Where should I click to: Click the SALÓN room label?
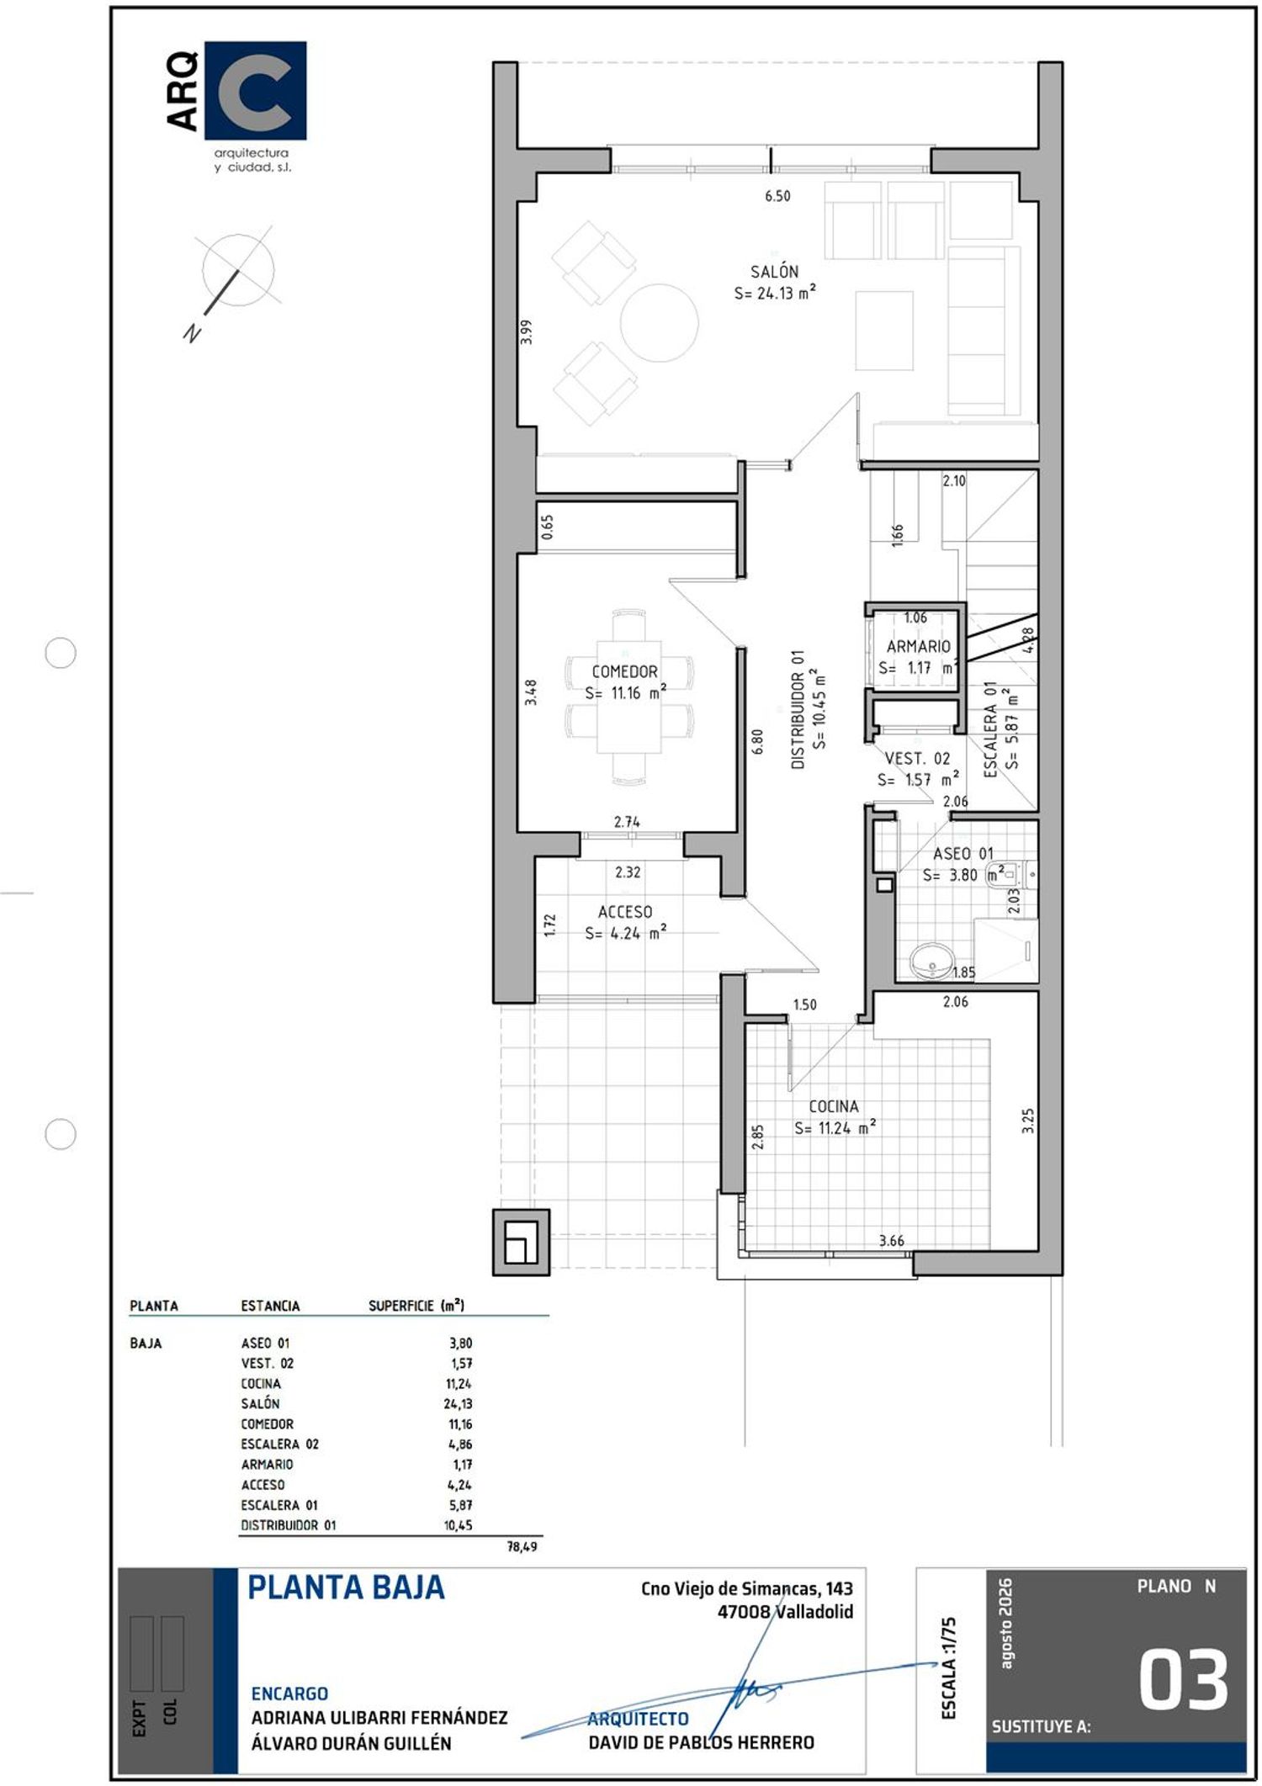774,272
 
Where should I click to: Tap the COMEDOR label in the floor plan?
624,671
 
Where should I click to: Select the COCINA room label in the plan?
834,1106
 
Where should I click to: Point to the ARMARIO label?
918,646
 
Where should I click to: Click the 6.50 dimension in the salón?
777,196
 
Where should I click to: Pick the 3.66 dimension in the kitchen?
891,1241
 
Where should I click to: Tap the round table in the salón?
660,323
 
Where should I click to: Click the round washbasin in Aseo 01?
932,961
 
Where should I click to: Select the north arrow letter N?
193,332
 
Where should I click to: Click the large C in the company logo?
256,91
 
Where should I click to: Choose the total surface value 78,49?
522,1546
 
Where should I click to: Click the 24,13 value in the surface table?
459,1403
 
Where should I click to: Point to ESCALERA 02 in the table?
279,1444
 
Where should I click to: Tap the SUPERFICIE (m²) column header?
416,1306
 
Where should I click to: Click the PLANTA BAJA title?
346,1587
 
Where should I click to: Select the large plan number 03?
1184,1679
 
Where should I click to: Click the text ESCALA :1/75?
949,1668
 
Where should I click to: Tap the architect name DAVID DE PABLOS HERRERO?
701,1742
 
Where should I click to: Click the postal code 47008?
744,1612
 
